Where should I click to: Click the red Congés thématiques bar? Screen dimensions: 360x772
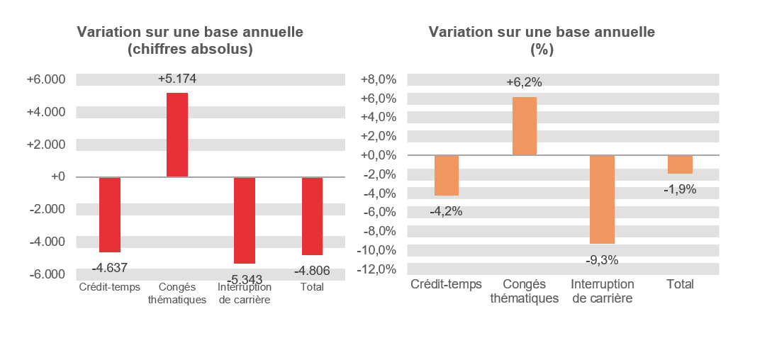[x=177, y=135]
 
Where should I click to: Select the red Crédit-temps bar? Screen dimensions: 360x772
[x=110, y=215]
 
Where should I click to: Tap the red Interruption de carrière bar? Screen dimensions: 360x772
[x=245, y=220]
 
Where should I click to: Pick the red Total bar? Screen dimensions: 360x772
[x=313, y=216]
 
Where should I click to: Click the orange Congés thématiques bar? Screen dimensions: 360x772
[x=525, y=126]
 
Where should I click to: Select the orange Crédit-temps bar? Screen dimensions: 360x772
[x=447, y=175]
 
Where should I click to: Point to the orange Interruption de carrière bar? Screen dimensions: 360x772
[x=602, y=199]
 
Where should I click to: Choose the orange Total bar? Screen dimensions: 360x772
[x=680, y=164]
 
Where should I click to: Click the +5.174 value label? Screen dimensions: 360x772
[x=177, y=79]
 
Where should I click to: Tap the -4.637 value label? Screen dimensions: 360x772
[x=110, y=268]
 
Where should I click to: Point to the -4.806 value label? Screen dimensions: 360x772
[x=313, y=271]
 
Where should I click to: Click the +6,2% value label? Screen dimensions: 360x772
[x=524, y=83]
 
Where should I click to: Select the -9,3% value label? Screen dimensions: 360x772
[x=602, y=259]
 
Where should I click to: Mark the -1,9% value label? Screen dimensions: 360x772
[x=680, y=189]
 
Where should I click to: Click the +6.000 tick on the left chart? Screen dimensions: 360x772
[x=46, y=79]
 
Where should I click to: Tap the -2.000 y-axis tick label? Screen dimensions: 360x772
[x=46, y=209]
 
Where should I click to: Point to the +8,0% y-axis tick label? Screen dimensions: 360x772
[x=379, y=79]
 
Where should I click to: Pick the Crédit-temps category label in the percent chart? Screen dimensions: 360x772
[x=447, y=284]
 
